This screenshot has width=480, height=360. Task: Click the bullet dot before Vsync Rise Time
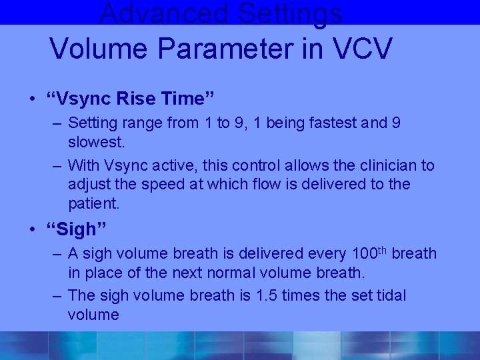point(33,99)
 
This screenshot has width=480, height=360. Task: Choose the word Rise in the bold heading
point(135,99)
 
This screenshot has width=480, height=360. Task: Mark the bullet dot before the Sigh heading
point(33,230)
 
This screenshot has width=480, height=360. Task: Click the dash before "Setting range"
point(57,123)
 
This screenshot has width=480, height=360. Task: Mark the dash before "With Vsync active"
point(57,165)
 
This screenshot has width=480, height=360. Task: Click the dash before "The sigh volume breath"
point(57,295)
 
